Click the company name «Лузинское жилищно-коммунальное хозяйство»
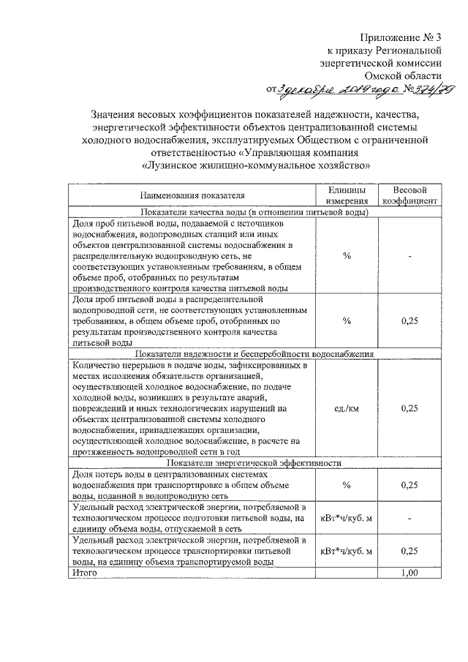coord(256,165)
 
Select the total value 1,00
coord(410,573)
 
